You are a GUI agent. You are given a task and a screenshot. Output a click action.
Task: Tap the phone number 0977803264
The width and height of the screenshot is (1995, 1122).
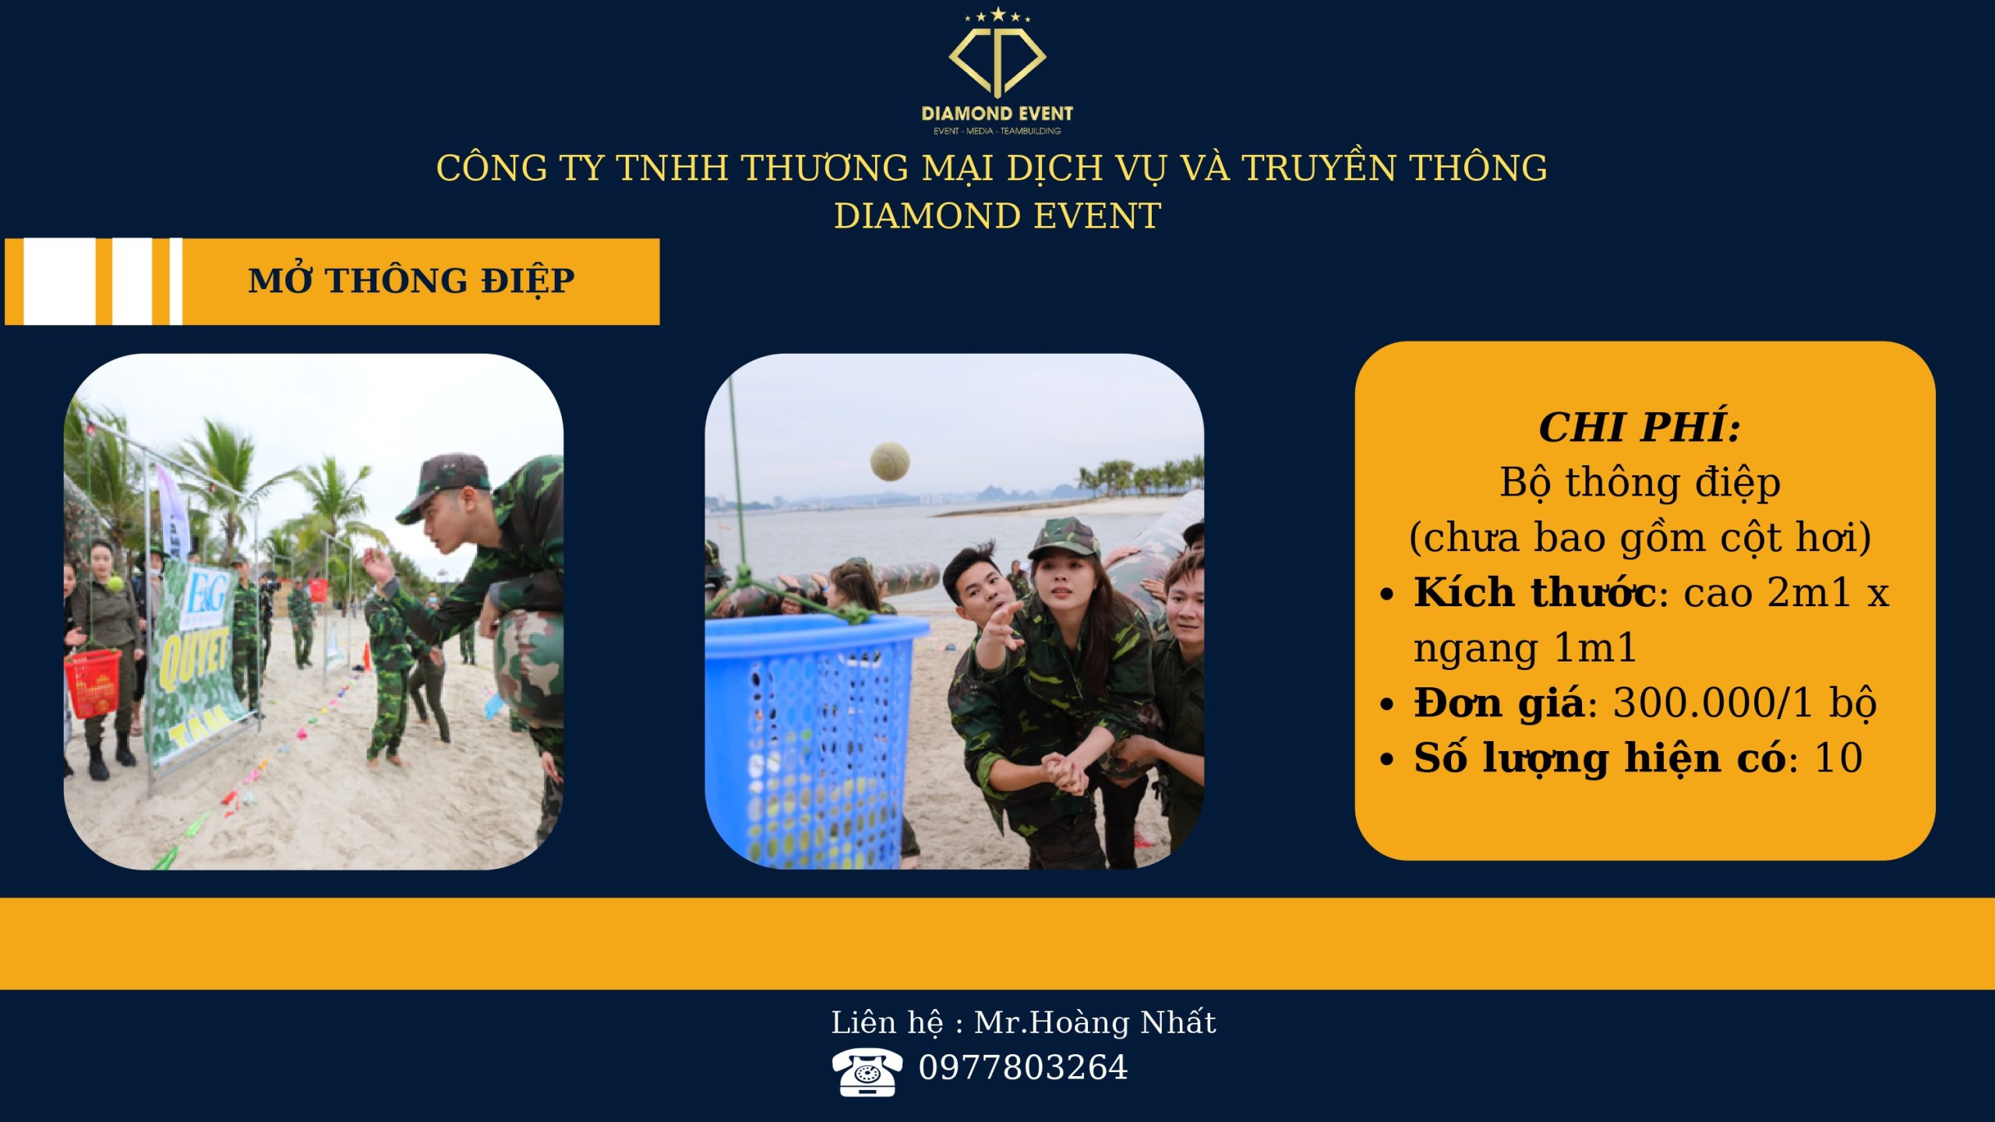click(1022, 1067)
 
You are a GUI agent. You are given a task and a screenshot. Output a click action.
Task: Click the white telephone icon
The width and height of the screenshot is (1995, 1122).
click(867, 1072)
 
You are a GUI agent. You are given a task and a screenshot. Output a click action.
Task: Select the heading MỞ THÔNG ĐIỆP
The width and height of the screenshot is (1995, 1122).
click(411, 281)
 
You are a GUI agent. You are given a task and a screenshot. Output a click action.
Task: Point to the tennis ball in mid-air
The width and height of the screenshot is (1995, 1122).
click(889, 461)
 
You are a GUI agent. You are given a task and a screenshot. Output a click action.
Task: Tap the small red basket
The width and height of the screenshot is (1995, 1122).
click(93, 683)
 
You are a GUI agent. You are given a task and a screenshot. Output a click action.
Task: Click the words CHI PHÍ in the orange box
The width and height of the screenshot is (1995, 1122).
click(1640, 427)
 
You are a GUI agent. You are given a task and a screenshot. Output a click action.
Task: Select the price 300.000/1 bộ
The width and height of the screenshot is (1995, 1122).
click(1744, 704)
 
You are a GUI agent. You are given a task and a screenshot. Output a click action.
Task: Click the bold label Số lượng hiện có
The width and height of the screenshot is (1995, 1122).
click(1600, 759)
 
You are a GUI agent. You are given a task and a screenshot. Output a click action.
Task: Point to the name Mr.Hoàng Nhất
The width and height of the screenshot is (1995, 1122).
click(1094, 1022)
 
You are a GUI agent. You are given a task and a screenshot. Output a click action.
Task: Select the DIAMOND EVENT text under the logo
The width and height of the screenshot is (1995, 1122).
click(997, 114)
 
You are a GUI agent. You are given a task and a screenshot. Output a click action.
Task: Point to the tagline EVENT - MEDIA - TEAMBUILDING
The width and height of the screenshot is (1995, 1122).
click(997, 131)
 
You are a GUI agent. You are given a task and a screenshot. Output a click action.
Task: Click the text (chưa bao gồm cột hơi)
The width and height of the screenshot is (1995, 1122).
click(1640, 538)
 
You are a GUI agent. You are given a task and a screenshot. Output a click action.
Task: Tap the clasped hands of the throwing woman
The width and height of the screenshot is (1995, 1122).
click(1065, 772)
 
